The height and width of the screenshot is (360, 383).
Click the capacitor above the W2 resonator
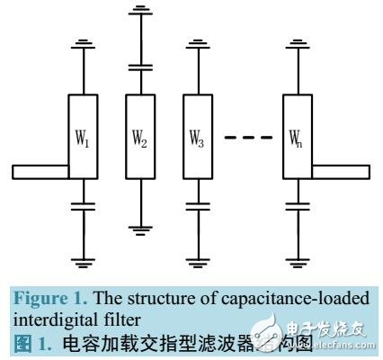coord(140,65)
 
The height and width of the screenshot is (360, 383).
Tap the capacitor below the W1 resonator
coord(84,206)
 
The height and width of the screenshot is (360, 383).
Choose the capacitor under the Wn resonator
coord(297,206)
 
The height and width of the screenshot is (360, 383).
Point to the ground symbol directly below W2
coord(140,230)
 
